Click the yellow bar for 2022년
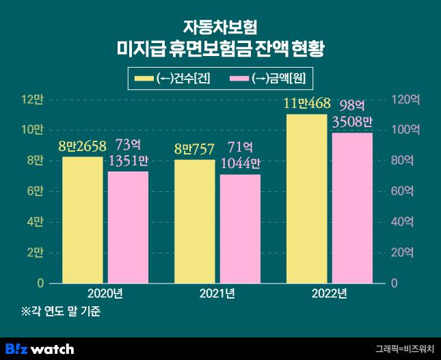click(x=306, y=198)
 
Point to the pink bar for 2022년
click(x=352, y=208)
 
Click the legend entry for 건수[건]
click(x=172, y=79)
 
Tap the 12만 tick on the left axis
click(x=34, y=100)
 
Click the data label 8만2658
click(x=82, y=146)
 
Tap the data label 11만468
click(x=307, y=104)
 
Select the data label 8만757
click(x=194, y=148)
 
